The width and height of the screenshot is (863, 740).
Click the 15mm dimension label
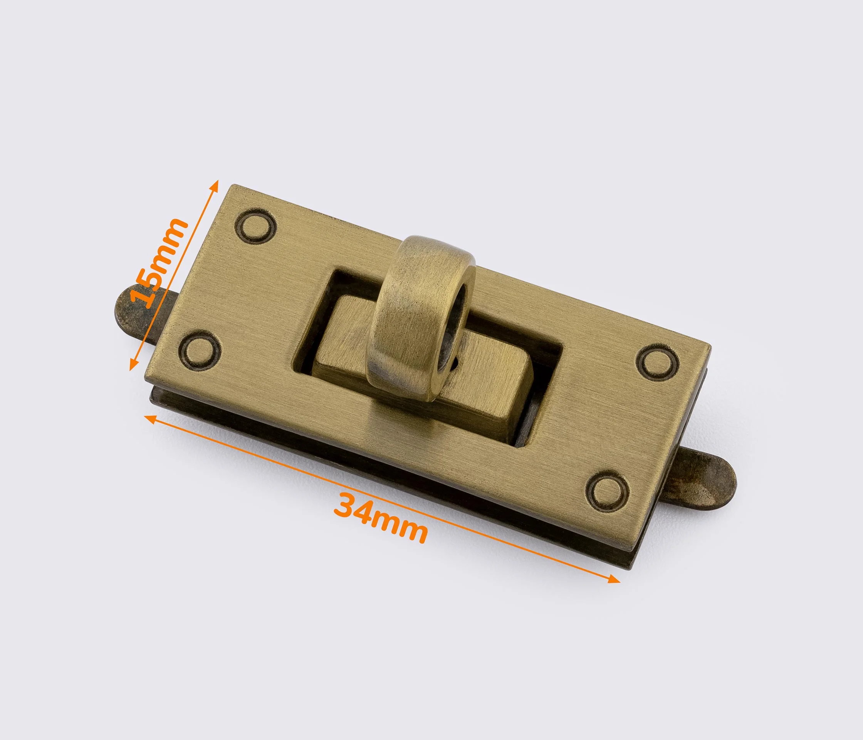pos(158,262)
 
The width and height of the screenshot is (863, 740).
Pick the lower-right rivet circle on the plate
pos(607,492)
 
